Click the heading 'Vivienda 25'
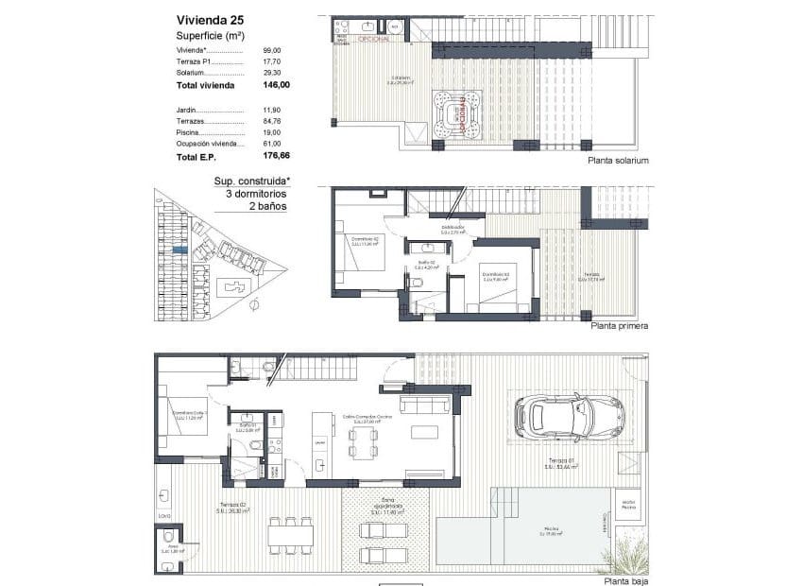tap(211, 19)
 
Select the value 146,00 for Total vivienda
tap(276, 85)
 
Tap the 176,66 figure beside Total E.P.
tap(276, 156)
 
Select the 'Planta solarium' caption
tap(618, 161)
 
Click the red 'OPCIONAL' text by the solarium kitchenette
tap(373, 39)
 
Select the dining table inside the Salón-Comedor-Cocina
tap(364, 441)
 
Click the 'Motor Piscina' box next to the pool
tap(628, 503)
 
